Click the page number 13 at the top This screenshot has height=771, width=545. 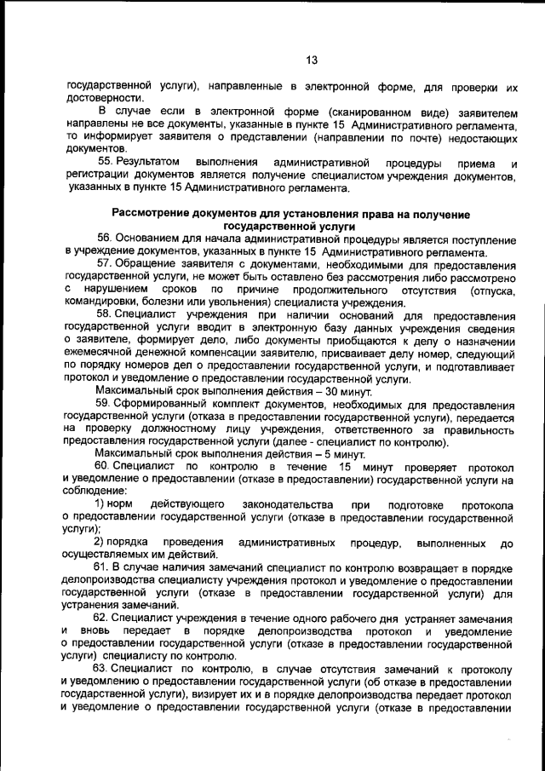point(311,60)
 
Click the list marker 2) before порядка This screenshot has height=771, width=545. point(101,543)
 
